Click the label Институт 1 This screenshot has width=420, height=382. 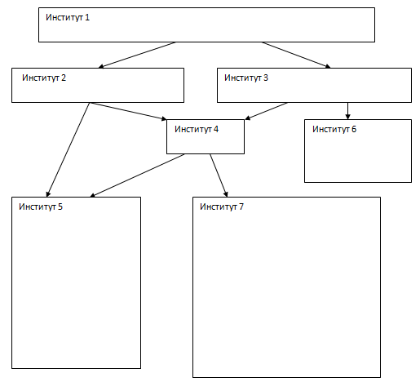(x=68, y=17)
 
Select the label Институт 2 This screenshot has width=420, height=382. (x=44, y=78)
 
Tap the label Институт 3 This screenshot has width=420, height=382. (x=246, y=78)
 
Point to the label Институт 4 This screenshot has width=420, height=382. (x=197, y=129)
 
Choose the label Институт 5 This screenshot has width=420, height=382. (x=41, y=207)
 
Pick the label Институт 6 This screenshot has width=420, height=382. (x=334, y=129)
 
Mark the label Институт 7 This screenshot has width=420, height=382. (x=222, y=207)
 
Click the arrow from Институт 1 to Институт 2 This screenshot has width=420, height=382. (x=137, y=55)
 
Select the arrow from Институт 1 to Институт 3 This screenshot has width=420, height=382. (x=296, y=55)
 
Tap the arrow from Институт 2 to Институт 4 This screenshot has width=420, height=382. (x=128, y=111)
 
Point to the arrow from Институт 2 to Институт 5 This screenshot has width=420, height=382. (x=68, y=149)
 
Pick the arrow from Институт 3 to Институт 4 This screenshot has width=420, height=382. (x=266, y=111)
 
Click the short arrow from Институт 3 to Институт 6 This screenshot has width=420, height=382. (x=347, y=111)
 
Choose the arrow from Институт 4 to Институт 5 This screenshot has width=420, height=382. (x=137, y=175)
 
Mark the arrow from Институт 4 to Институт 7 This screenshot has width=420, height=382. (x=219, y=175)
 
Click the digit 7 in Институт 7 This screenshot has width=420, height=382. (x=241, y=207)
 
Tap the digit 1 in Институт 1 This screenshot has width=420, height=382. (x=87, y=17)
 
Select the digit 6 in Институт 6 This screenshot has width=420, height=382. (x=354, y=129)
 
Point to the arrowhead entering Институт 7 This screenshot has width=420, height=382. (x=226, y=193)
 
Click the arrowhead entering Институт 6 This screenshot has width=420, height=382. (x=347, y=117)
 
